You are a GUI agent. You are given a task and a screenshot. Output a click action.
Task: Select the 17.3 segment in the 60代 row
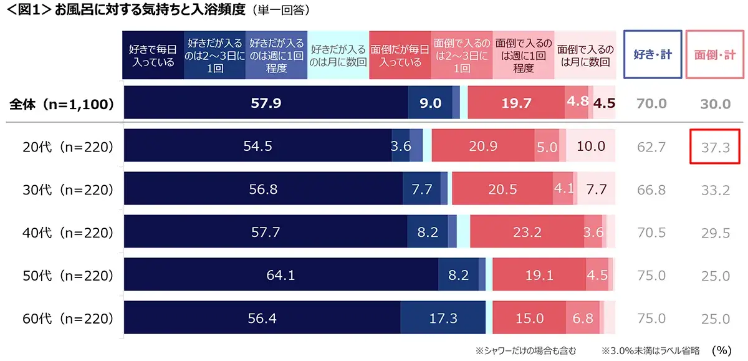pos(443,319)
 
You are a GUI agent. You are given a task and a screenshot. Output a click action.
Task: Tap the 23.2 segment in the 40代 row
pos(527,233)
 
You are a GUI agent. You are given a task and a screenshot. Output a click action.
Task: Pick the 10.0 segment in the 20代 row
pos(591,147)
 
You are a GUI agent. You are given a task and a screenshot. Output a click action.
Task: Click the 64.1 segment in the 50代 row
pos(280,276)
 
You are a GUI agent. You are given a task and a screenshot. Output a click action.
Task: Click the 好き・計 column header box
pos(653,55)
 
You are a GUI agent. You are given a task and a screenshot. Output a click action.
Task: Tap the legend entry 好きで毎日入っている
pos(152,55)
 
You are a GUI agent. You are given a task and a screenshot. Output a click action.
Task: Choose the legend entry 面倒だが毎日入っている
pos(400,55)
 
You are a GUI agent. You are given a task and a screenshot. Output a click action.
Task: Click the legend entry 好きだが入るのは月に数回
pos(338,55)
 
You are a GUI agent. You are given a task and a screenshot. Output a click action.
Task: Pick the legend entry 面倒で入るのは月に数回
pos(585,55)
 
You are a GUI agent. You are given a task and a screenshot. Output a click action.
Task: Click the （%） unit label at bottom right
pos(721,350)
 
